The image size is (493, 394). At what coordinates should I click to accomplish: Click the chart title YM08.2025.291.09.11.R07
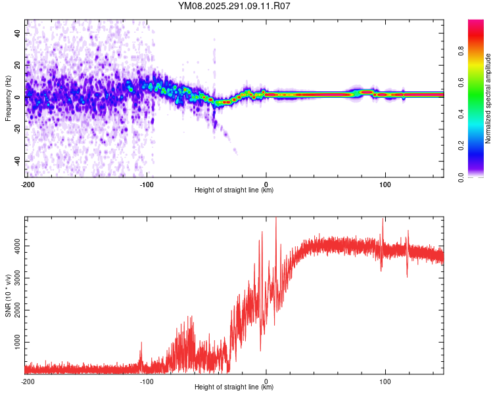click(x=235, y=6)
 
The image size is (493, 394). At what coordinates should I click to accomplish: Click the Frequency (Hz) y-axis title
click(x=8, y=98)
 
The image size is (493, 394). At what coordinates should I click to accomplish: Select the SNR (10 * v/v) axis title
click(x=8, y=295)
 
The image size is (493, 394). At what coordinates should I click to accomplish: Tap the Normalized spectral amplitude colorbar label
click(x=488, y=98)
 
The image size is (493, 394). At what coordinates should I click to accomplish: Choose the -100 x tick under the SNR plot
click(x=147, y=382)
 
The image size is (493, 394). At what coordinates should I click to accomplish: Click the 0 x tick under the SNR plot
click(x=266, y=382)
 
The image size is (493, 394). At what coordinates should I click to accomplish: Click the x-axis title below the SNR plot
click(x=235, y=387)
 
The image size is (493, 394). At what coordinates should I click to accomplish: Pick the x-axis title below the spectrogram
click(x=235, y=190)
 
